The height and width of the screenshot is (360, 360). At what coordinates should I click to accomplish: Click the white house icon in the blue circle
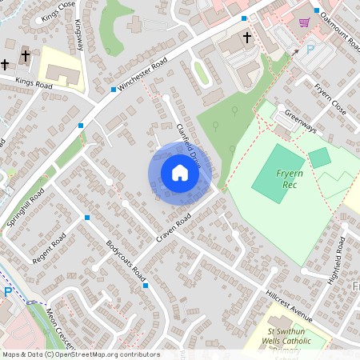coord(180,173)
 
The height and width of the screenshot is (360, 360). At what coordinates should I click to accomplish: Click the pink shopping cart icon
coord(304,22)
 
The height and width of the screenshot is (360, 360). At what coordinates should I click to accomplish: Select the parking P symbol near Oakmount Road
coord(310,50)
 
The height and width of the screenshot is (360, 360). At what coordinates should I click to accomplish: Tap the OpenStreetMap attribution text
coord(80,354)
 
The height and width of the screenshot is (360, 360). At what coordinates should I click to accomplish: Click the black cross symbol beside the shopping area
coord(246,37)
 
